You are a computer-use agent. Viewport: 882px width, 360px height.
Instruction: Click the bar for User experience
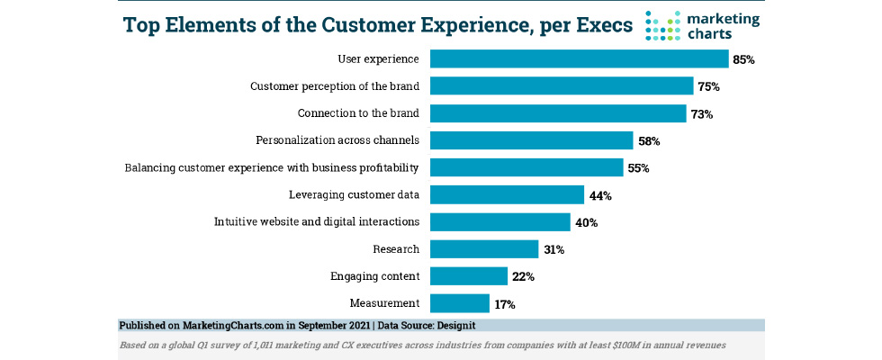579,59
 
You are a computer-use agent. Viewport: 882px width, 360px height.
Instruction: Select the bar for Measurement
460,303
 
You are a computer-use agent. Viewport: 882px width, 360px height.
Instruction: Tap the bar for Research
484,249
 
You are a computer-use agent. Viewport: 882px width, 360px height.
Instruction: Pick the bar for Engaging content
469,276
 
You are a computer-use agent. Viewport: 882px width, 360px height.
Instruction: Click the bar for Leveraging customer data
508,194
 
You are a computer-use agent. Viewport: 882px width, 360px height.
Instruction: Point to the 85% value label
742,60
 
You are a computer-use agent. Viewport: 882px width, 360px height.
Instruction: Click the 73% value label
702,114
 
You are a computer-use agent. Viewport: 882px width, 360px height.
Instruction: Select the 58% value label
649,141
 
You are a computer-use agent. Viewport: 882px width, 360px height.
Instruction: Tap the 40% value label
586,222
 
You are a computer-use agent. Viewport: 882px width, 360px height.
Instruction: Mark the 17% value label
505,304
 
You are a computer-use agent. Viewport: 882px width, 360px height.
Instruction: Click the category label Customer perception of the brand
334,86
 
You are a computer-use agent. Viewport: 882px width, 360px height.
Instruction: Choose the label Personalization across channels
337,140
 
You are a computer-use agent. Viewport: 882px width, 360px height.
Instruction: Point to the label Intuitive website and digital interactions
316,221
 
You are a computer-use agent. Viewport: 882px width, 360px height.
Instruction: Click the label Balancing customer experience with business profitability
272,167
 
